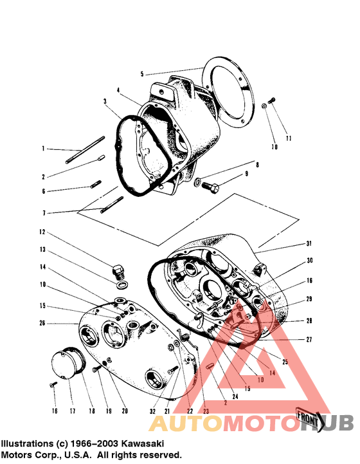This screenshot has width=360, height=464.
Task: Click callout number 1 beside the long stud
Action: coord(44,148)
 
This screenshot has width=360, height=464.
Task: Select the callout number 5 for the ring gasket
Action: coord(142,74)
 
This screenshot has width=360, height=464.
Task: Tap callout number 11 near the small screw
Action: coord(289,138)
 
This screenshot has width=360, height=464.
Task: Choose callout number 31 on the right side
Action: coord(308,243)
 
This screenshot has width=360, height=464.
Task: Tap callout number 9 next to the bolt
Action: coord(245,174)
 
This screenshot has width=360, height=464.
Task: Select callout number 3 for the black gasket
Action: coord(105,101)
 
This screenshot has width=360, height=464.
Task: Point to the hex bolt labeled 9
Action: coord(210,186)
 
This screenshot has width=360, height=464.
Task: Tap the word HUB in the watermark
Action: coord(327,423)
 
